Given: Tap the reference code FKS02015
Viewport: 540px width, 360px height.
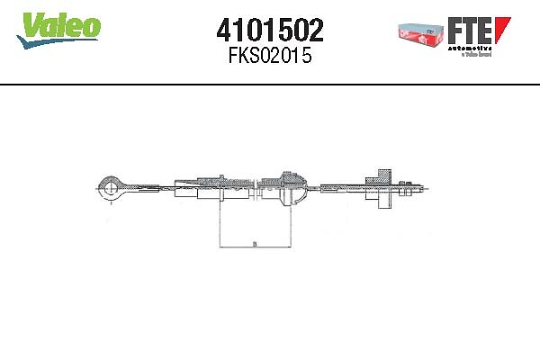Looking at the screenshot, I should click(x=270, y=57).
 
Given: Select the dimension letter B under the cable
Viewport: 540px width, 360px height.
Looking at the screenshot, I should click(x=255, y=241).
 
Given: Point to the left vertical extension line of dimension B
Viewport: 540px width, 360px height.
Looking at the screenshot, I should click(x=220, y=225).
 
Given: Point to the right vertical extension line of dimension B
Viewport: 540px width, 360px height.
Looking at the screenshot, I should click(x=290, y=225).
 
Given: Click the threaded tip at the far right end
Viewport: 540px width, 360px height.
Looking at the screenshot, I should click(x=419, y=190).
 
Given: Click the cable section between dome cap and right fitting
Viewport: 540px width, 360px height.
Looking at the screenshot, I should click(x=337, y=189).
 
